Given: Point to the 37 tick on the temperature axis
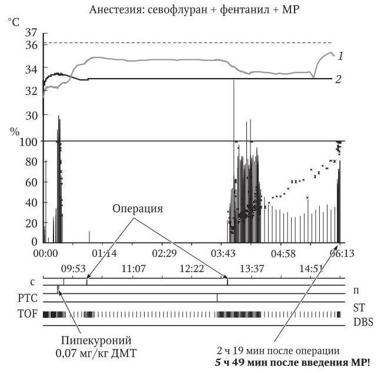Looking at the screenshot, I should [32, 33].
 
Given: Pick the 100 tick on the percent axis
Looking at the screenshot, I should [28, 141].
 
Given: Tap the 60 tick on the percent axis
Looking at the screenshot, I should [31, 182].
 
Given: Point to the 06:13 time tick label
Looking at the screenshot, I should [342, 253].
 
